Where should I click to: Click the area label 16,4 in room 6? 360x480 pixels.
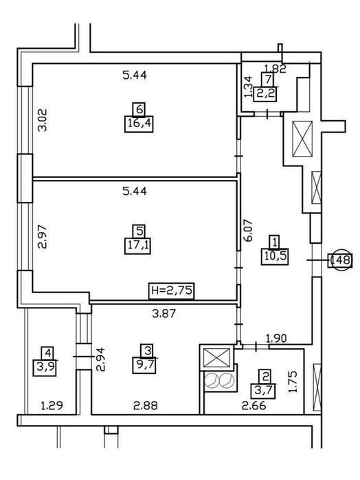[139, 124]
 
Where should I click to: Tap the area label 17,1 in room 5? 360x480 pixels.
[137, 246]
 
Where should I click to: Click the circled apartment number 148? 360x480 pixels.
[340, 260]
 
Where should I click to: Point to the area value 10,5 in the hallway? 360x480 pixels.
[275, 256]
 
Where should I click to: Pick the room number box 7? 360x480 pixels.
[268, 79]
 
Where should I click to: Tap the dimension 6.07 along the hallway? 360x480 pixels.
[248, 230]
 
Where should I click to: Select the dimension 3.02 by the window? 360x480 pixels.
[43, 120]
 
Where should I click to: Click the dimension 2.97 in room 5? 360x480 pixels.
[43, 236]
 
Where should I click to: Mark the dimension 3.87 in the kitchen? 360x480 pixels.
[164, 313]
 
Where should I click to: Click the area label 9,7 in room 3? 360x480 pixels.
[144, 365]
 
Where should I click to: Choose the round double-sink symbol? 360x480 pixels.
[219, 381]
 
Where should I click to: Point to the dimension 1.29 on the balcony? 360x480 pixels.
[52, 406]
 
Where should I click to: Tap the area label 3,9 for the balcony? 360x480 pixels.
[45, 367]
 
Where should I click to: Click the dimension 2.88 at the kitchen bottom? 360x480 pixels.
[146, 406]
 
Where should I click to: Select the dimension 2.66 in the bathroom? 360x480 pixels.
[254, 406]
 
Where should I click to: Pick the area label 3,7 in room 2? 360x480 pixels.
[263, 391]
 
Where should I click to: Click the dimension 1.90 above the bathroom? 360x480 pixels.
[276, 339]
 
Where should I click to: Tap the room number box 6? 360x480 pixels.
[139, 109]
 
